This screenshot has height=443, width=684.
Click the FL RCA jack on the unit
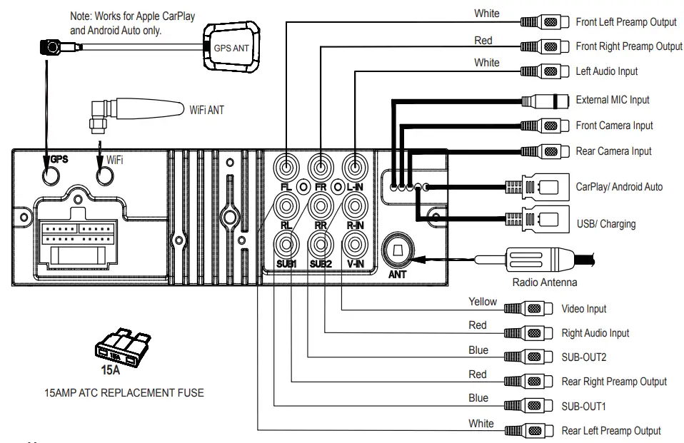coord(286,169)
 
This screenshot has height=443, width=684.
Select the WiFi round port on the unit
coord(106,173)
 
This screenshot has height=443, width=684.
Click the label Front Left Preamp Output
coord(626,22)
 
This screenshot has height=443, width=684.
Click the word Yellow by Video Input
coord(483,302)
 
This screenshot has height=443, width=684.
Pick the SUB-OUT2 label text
coord(584,357)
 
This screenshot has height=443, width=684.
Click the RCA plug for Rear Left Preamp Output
coord(529,431)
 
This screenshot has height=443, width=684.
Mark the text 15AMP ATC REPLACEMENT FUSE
coord(124,392)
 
